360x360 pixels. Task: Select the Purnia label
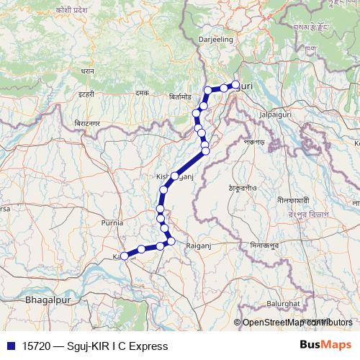(x=112, y=223)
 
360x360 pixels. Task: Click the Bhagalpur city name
(x=47, y=297)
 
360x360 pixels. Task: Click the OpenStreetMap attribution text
(x=297, y=323)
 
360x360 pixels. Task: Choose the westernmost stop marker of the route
(x=125, y=256)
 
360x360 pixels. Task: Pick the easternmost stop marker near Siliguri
(x=235, y=85)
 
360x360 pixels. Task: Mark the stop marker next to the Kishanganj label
(x=174, y=176)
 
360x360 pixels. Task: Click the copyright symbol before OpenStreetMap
(x=237, y=323)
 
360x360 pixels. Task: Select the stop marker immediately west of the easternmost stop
(x=224, y=88)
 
